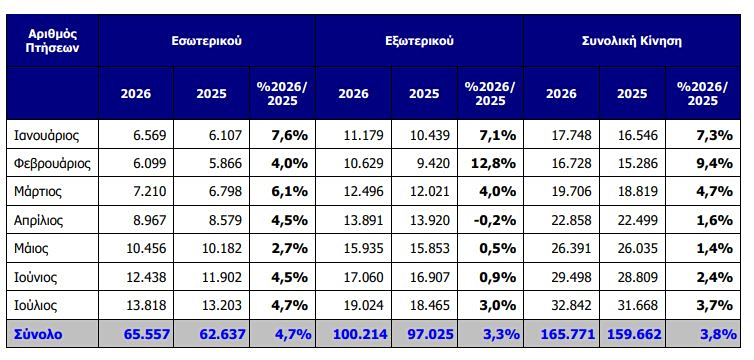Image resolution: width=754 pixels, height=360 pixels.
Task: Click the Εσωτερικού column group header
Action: tap(207, 41)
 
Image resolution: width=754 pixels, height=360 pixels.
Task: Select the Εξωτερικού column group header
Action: tap(419, 41)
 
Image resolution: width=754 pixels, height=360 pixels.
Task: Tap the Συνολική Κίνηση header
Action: tap(631, 41)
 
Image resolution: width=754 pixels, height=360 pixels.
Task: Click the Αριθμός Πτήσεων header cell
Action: tap(52, 41)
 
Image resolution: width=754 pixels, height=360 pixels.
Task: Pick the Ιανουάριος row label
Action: tap(47, 135)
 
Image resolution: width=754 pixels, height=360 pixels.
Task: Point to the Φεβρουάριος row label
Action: tap(53, 163)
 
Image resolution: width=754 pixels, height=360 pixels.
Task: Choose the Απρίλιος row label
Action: tap(39, 221)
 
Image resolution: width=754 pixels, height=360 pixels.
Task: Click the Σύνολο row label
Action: tap(38, 334)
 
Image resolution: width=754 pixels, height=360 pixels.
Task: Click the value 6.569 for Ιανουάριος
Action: tap(150, 135)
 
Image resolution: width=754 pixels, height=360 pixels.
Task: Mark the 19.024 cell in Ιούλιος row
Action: tap(364, 306)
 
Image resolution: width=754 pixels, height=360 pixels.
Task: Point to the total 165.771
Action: tap(568, 334)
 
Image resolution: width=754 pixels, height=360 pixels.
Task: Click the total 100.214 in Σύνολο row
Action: tap(360, 334)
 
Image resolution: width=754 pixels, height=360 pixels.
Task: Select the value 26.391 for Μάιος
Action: tap(572, 248)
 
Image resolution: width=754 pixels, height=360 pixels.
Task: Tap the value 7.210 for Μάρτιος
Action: tap(150, 192)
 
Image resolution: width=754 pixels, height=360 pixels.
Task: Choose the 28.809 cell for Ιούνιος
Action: tap(638, 277)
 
